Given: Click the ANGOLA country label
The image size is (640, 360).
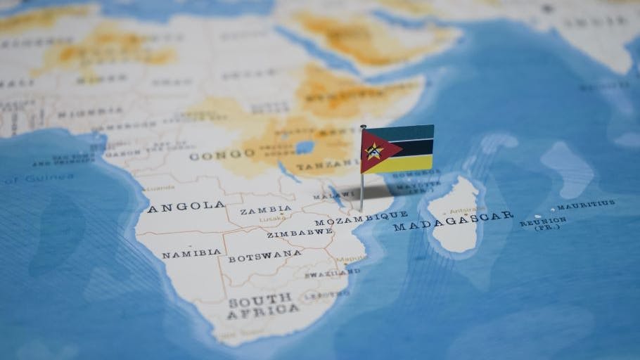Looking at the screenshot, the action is [x=186, y=207].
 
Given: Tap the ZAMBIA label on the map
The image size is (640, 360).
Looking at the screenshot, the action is [x=265, y=210].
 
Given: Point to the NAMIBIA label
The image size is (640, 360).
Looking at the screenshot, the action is [x=191, y=253].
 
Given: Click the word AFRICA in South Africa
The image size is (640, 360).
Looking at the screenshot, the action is [x=262, y=312].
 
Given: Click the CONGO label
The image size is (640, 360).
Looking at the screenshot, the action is [x=212, y=155].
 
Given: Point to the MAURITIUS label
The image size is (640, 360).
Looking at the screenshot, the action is [x=586, y=205].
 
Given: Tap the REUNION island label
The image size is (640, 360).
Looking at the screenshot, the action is [x=543, y=222].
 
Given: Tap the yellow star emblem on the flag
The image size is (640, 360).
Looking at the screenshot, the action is [x=373, y=150].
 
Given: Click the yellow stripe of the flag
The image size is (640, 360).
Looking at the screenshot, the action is [x=408, y=164].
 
